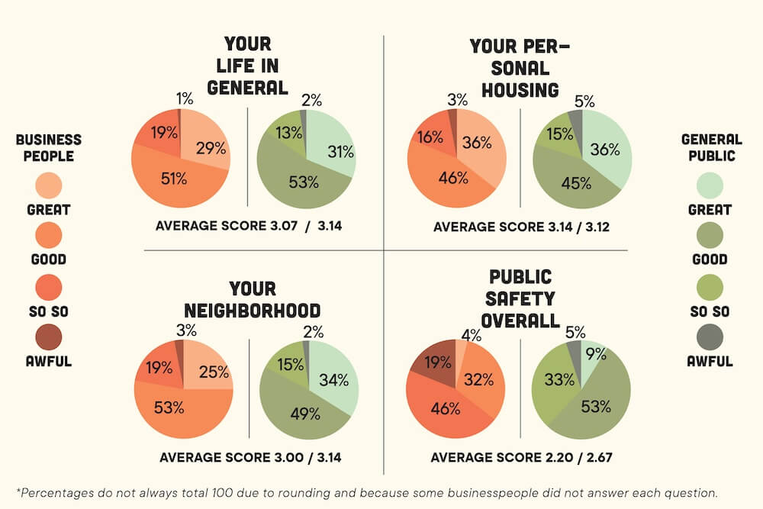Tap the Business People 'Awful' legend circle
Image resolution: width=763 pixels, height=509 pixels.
click(x=49, y=337)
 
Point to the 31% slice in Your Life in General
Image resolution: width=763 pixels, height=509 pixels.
click(x=336, y=153)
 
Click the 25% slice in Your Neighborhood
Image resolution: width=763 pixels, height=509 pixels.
click(x=211, y=372)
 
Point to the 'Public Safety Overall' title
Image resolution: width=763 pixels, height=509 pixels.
click(x=520, y=298)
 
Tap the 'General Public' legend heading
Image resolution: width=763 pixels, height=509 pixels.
click(x=711, y=147)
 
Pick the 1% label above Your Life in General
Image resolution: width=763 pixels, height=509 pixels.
click(x=185, y=99)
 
